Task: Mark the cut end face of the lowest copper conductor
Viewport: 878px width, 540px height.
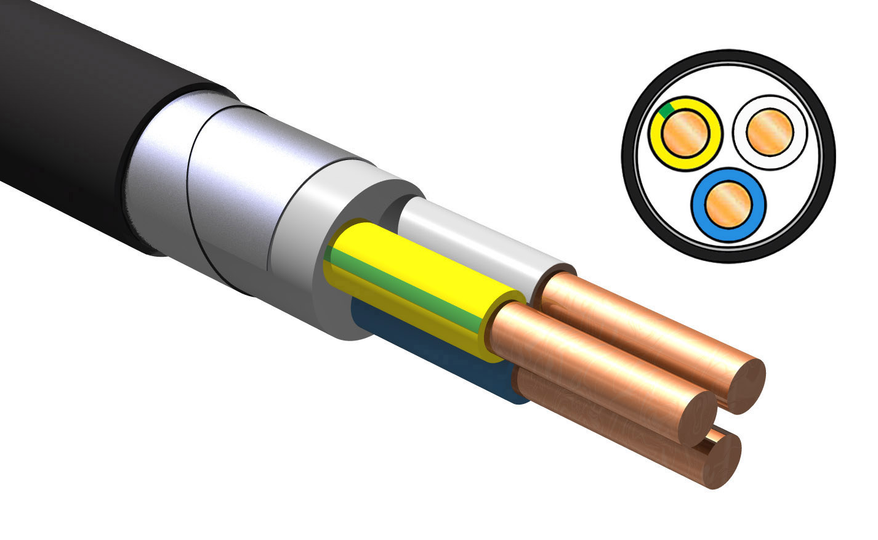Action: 725,462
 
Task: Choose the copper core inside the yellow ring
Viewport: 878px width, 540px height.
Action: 683,134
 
